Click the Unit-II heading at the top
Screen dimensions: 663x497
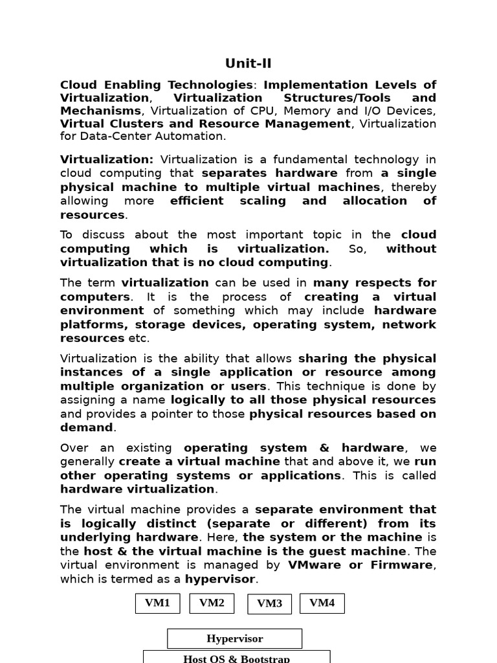coord(248,63)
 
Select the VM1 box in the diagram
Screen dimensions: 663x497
coord(157,603)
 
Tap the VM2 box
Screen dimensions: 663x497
coord(212,603)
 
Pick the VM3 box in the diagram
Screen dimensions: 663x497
coord(270,604)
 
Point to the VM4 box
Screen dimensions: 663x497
coord(322,603)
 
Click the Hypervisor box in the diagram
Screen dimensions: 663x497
coord(234,639)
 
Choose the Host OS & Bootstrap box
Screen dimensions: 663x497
coord(237,658)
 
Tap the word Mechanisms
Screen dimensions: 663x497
coord(100,111)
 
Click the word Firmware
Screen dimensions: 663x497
coord(401,565)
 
